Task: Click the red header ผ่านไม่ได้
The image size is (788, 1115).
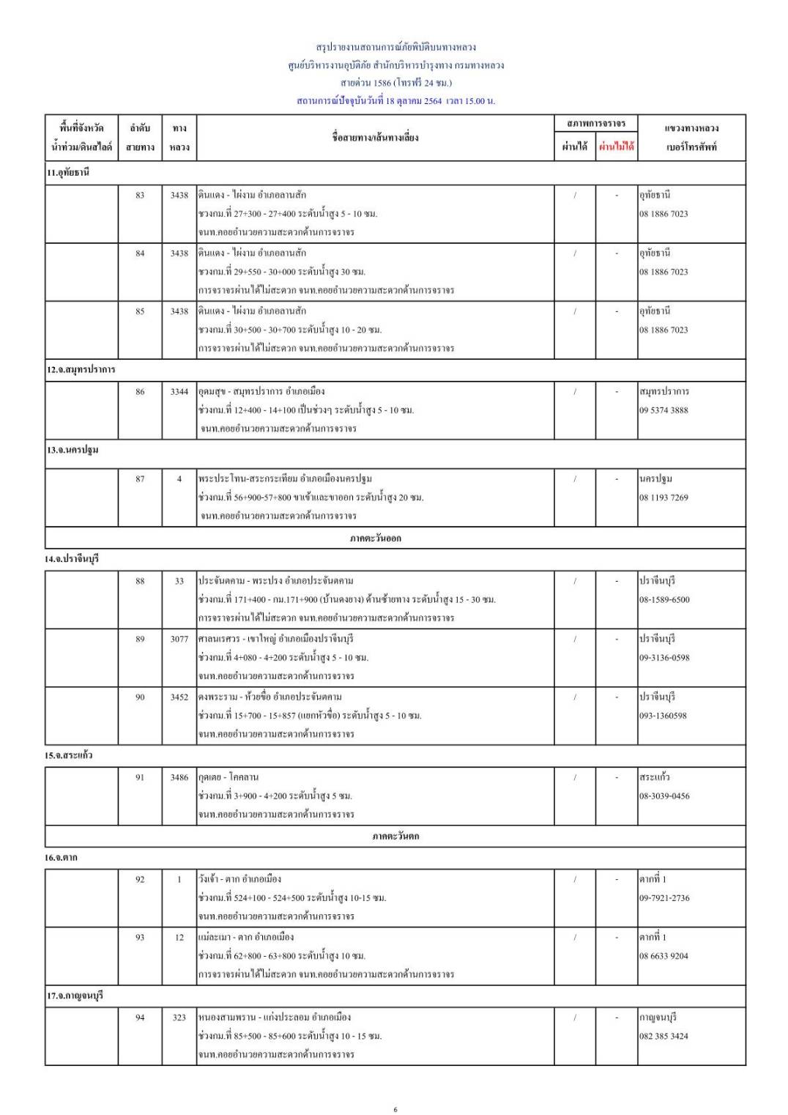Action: pyautogui.click(x=616, y=147)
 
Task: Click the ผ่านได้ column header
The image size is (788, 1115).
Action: pyautogui.click(x=574, y=147)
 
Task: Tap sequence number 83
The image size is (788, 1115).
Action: pyautogui.click(x=140, y=195)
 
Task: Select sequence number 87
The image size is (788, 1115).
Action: pyautogui.click(x=140, y=478)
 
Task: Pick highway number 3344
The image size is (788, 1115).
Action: pyautogui.click(x=179, y=391)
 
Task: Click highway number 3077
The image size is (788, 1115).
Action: pyautogui.click(x=179, y=639)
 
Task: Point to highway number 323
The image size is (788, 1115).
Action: pyautogui.click(x=179, y=1017)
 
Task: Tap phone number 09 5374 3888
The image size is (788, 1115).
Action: pyautogui.click(x=664, y=410)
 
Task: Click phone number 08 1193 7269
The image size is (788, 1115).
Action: pyautogui.click(x=664, y=497)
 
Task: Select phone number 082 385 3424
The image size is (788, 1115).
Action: pyautogui.click(x=664, y=1036)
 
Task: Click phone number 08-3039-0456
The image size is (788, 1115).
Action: pyautogui.click(x=664, y=796)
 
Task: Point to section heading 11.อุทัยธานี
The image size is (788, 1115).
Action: pyautogui.click(x=68, y=173)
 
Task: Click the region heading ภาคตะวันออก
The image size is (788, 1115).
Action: pyautogui.click(x=395, y=538)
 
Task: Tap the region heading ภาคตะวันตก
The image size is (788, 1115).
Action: pyautogui.click(x=395, y=836)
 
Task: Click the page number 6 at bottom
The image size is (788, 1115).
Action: pyautogui.click(x=395, y=1109)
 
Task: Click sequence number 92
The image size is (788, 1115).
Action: pyautogui.click(x=140, y=879)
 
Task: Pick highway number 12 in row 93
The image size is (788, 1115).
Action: pyautogui.click(x=179, y=937)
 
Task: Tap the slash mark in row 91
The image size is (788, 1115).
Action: pyautogui.click(x=575, y=777)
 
